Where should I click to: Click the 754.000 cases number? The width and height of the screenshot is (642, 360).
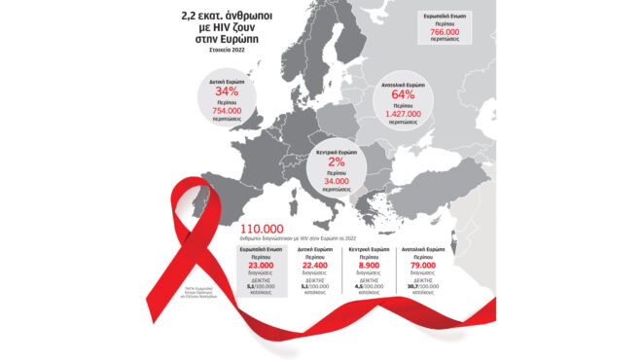point(226,111)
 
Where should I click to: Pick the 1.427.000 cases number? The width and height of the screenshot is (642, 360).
point(402,113)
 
